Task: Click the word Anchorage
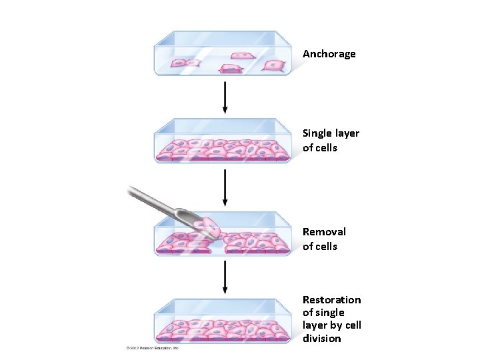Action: (x=329, y=54)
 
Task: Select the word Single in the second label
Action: (x=317, y=133)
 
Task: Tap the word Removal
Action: (x=324, y=232)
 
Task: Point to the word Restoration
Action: (x=331, y=300)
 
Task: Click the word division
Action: (x=321, y=339)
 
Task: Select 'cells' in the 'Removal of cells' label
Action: (x=325, y=247)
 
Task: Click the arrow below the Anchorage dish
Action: (x=225, y=97)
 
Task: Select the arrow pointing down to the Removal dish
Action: (x=225, y=187)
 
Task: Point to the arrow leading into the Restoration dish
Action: (x=225, y=277)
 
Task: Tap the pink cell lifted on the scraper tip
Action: (x=211, y=227)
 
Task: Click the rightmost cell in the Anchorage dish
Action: (x=273, y=65)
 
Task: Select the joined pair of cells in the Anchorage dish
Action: (x=185, y=63)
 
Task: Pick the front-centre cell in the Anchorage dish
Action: (x=231, y=69)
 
